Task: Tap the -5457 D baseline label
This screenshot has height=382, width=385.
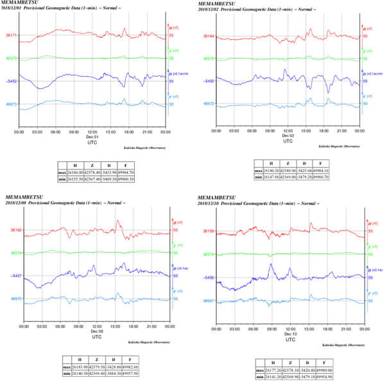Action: pyautogui.click(x=11, y=275)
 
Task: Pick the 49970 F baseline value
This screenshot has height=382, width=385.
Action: pyautogui.click(x=11, y=299)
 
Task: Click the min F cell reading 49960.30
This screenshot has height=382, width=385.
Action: pyautogui.click(x=142, y=180)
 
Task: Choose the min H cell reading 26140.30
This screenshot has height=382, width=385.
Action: pyautogui.click(x=78, y=372)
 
